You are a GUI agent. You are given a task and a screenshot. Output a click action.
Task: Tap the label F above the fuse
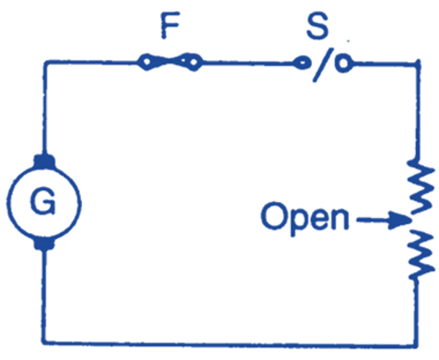tap(169, 29)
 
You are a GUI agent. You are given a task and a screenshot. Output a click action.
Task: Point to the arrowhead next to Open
tap(401, 220)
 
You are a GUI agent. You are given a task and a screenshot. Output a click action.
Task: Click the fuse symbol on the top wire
tap(169, 64)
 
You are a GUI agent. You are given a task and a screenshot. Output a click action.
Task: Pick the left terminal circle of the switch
tap(299, 64)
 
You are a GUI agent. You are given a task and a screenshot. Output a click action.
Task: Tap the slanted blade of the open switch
tap(322, 66)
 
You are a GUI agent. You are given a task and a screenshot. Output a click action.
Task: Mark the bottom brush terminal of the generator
tap(44, 243)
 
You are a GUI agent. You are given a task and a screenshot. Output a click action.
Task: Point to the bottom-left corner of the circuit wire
tap(44, 342)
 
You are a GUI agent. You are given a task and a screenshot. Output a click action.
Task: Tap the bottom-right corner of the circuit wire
tap(421, 342)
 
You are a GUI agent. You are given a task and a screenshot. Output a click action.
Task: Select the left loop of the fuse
tap(149, 64)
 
